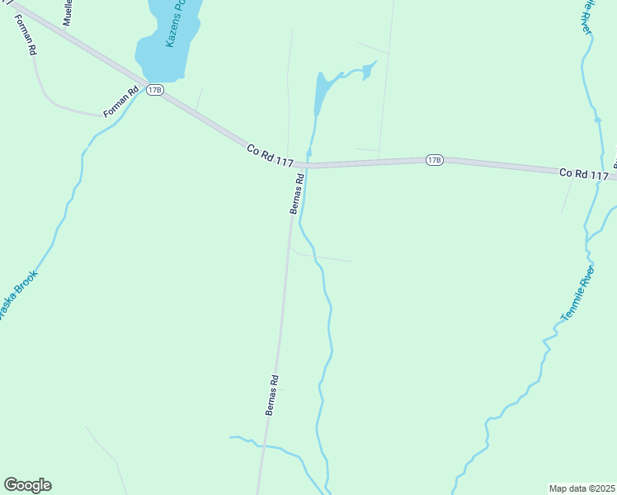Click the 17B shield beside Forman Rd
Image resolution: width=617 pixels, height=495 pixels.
[x=154, y=90]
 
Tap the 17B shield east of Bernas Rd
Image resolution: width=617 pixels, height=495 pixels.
[x=435, y=159]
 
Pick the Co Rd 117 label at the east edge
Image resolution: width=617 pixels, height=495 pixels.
[x=583, y=173]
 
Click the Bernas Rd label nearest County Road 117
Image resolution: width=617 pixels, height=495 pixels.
[x=298, y=193]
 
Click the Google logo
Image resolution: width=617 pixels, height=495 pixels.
[x=27, y=485]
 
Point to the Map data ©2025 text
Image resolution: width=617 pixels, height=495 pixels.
[x=582, y=488]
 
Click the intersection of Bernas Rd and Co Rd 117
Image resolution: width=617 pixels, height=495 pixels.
[x=301, y=166]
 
